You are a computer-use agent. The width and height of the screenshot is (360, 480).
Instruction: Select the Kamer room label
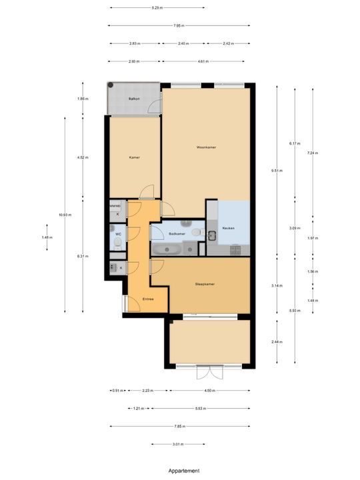[134, 157]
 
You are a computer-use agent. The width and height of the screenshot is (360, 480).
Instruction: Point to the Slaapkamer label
[205, 283]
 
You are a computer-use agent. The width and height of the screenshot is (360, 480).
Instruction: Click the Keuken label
[228, 227]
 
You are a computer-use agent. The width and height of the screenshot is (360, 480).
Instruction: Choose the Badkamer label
[177, 234]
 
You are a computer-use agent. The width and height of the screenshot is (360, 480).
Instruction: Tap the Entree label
[148, 299]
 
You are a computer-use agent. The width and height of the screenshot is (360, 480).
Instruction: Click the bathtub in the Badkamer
[165, 249]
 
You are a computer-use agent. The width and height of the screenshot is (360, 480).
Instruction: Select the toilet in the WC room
[116, 245]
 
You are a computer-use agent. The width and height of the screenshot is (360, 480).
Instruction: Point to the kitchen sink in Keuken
[213, 235]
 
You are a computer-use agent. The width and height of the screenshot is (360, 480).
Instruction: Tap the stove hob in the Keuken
[235, 249]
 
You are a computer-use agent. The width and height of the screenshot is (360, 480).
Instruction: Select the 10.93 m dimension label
[65, 215]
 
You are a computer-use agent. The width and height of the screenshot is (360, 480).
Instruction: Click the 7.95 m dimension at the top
[179, 25]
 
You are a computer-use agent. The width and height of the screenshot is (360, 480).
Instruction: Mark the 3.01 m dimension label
[178, 444]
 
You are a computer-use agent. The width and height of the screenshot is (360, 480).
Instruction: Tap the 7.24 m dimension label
[313, 153]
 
